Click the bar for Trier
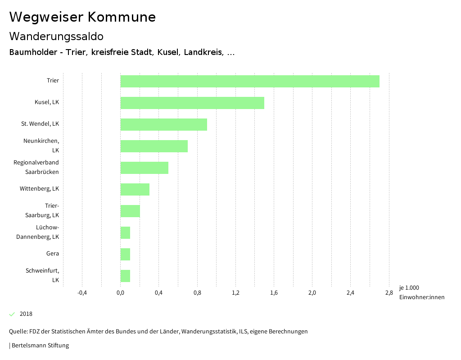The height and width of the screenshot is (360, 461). (x=250, y=81)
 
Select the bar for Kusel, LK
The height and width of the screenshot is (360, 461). (x=192, y=103)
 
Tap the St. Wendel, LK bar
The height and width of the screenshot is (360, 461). (x=163, y=124)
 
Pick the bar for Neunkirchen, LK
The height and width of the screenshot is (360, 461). (x=154, y=146)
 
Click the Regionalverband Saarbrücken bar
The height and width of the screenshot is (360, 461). (x=144, y=168)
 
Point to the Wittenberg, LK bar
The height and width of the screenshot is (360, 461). (x=135, y=189)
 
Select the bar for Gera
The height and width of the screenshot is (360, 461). (x=125, y=254)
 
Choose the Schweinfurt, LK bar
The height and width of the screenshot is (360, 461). (x=125, y=276)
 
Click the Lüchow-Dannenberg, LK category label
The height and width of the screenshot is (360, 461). (x=38, y=232)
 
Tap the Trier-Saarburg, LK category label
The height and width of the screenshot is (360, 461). (x=42, y=210)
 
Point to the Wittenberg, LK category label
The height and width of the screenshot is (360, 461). (x=39, y=189)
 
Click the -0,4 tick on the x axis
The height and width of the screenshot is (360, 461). (x=82, y=293)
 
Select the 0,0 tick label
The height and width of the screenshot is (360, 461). (x=120, y=293)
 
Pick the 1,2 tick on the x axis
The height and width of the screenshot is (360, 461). (x=235, y=293)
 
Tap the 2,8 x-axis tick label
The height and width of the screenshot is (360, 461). (x=389, y=293)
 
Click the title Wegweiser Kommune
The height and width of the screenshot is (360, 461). (x=82, y=17)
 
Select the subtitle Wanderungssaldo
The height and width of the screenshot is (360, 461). (x=56, y=36)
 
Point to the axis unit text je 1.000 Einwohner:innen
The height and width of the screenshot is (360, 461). (x=421, y=292)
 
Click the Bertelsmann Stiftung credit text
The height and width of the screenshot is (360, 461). (x=40, y=346)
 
